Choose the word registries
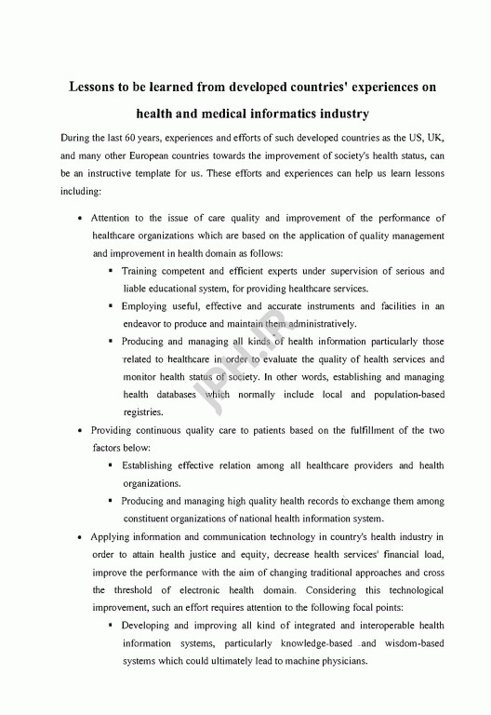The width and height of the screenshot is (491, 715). pos(143,412)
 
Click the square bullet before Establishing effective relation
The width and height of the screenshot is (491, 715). pos(111,465)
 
